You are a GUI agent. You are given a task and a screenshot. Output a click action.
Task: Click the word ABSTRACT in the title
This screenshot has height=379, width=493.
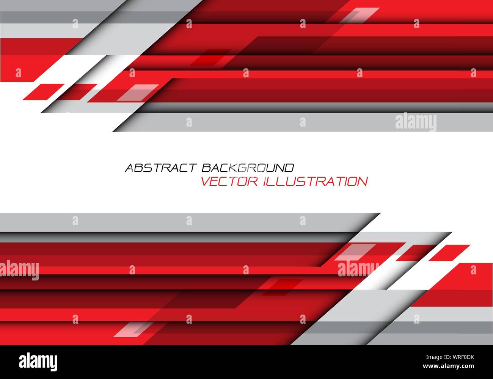(x=161, y=168)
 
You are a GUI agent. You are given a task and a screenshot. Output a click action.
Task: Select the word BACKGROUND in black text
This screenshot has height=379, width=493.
(x=248, y=168)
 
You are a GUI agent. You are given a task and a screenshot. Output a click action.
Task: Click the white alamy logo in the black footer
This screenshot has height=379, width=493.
(x=38, y=360)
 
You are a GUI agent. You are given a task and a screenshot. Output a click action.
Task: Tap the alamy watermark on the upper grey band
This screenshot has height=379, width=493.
(x=416, y=122)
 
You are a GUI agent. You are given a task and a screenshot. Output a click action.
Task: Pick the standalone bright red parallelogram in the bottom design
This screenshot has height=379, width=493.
(x=449, y=253)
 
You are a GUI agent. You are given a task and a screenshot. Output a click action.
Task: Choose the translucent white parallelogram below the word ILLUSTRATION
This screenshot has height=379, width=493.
(x=350, y=252)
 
